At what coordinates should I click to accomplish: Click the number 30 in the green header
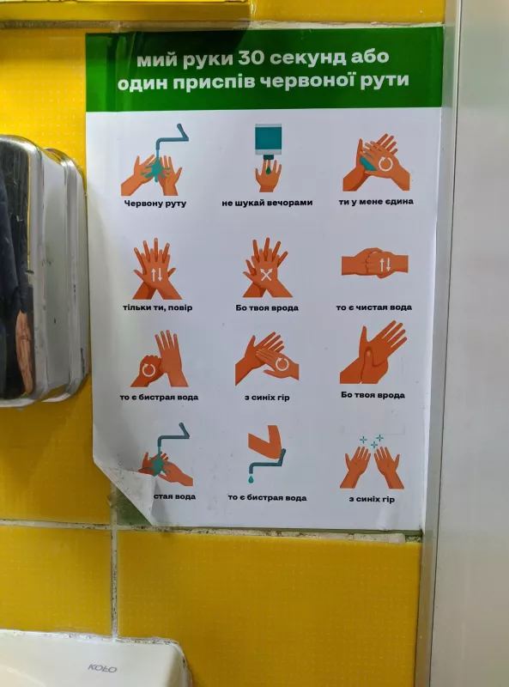tap(251, 58)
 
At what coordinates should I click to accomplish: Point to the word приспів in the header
tap(214, 82)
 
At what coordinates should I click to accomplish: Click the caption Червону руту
tap(155, 204)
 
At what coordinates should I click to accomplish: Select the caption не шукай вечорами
tap(267, 203)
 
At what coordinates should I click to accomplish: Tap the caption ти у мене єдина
tap(376, 202)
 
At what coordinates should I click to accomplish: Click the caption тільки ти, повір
tap(157, 307)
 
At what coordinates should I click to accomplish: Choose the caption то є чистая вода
tap(373, 307)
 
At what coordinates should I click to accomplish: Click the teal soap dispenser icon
tap(268, 140)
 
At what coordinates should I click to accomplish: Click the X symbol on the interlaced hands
tap(266, 276)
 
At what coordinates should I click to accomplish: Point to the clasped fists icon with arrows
tap(374, 264)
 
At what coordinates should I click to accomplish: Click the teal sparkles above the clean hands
tap(372, 441)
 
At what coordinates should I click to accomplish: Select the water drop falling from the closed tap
tap(251, 479)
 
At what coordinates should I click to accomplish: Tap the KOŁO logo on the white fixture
tap(102, 668)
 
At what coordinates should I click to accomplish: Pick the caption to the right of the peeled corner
tap(175, 496)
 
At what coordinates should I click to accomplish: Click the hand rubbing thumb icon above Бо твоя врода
tap(373, 353)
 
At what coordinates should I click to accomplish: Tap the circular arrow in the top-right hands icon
tap(385, 164)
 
